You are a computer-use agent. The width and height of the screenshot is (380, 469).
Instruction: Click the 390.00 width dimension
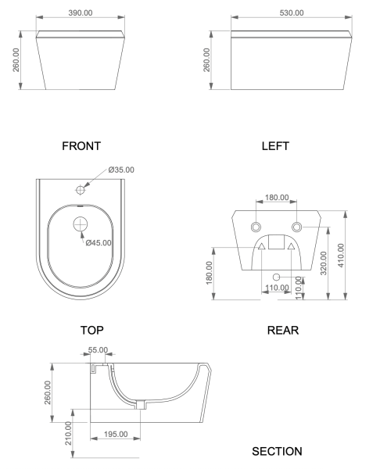tap(81, 13)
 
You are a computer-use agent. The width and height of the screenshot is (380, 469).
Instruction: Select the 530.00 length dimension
tap(292, 13)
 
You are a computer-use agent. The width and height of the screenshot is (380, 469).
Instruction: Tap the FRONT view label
tap(81, 146)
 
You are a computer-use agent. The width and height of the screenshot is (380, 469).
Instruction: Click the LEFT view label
tap(275, 146)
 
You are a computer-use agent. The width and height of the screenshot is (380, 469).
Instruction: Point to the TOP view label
tap(92, 330)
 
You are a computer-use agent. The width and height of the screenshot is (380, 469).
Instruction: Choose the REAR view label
tap(283, 330)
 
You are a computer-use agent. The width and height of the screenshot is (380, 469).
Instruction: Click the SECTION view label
tap(277, 451)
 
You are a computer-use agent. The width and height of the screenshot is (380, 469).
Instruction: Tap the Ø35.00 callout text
tap(121, 170)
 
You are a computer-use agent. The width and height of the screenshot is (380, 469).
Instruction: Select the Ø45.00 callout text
tap(99, 243)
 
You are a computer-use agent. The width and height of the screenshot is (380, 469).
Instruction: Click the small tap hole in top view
tap(81, 190)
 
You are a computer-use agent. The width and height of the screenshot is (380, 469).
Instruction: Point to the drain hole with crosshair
tap(81, 224)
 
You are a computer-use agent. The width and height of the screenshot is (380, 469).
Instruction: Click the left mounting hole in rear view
tap(256, 227)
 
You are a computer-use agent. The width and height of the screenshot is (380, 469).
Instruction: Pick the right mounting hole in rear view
tap(296, 227)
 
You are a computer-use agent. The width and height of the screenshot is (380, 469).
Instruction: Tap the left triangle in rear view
tap(262, 246)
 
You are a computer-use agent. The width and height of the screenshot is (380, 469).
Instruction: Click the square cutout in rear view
tap(276, 242)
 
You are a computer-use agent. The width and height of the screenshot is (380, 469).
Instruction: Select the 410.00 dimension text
tap(341, 255)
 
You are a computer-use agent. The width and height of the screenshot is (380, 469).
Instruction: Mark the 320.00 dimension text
tap(324, 263)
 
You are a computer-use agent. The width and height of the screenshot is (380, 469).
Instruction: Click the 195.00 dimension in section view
tap(116, 434)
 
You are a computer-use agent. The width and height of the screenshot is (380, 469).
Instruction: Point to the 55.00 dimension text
tap(99, 349)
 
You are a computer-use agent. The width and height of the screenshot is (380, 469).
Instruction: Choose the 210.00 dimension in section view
tap(68, 433)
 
